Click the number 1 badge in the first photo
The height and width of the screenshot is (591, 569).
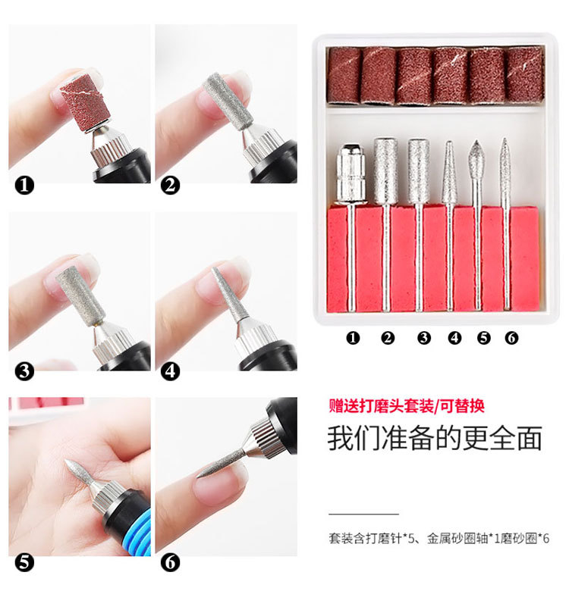point(24,186)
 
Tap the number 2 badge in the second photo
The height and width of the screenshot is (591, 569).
point(170,186)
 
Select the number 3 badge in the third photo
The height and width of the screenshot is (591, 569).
point(24,371)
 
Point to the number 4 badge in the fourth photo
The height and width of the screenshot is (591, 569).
point(170,371)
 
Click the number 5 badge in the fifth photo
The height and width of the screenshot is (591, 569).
point(24,562)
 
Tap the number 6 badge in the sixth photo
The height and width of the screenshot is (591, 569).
point(170,562)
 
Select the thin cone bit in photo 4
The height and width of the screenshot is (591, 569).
point(229,294)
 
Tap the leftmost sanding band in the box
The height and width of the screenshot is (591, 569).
point(344,75)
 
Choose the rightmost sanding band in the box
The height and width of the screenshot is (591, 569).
point(525,74)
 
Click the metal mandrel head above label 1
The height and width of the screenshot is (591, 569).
point(351,174)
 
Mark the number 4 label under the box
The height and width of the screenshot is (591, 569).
point(454,338)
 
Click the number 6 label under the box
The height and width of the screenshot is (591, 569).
point(511,338)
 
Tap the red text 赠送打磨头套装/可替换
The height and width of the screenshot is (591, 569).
point(407,406)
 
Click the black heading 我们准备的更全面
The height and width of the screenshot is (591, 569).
point(435,438)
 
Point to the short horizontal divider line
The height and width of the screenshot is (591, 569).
point(363,514)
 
